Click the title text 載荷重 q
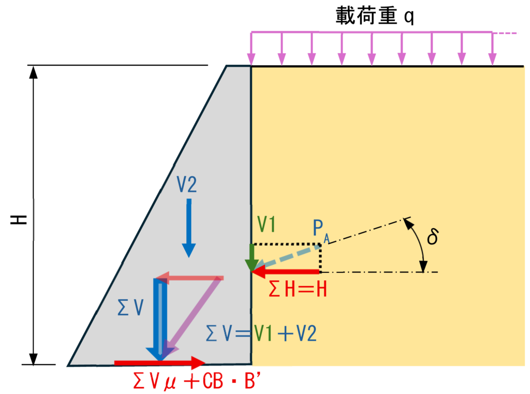pos(375,16)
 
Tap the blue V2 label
pos(186,185)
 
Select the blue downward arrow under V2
pos(189,228)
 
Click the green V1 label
pos(267,224)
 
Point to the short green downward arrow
pos(252,257)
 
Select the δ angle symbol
pos(433,236)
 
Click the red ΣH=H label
pos(298,290)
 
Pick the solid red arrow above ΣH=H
pos(286,271)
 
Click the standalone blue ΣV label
pos(130,307)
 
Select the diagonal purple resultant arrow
pos(193,317)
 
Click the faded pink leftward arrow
pos(189,278)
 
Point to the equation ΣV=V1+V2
pos(261,334)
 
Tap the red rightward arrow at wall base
pos(159,363)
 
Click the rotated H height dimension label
pos(19,219)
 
